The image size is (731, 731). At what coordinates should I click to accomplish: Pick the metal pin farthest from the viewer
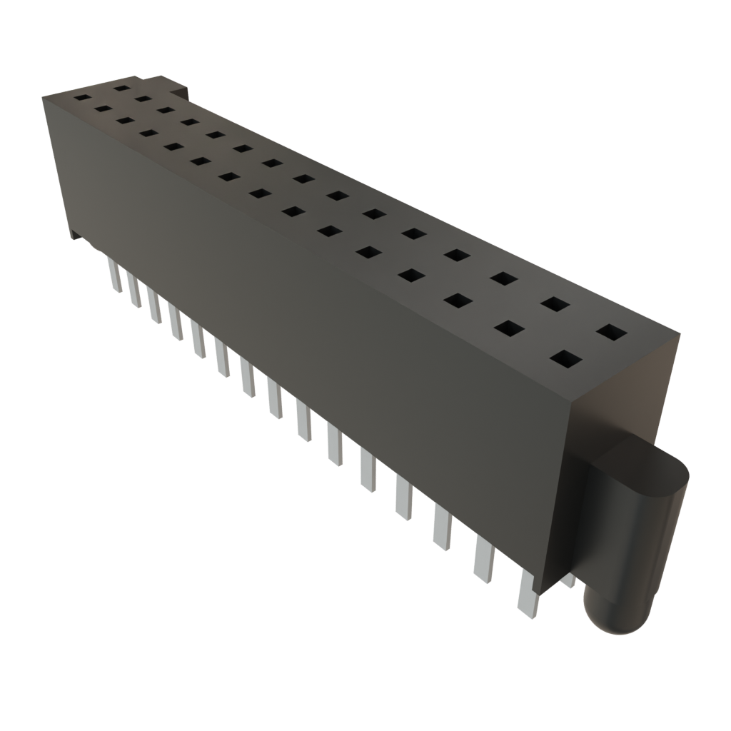coord(114,274)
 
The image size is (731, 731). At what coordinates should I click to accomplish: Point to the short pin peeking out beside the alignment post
coord(569,583)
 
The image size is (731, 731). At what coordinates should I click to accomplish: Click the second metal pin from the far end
coord(133,289)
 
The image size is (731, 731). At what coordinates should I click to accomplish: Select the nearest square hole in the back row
coord(611,332)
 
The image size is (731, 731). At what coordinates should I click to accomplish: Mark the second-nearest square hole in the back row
coord(555,304)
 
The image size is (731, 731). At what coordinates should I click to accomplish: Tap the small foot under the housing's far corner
coord(72,236)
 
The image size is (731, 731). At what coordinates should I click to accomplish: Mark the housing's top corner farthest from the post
coord(44,96)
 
